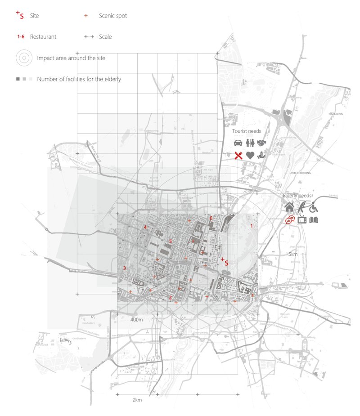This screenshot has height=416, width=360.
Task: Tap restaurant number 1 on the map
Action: click(x=252, y=226)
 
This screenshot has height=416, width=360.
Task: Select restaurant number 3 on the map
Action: click(x=124, y=268)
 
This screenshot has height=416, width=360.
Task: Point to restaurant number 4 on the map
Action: click(x=145, y=227)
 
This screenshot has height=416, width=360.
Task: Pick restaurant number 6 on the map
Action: click(x=211, y=218)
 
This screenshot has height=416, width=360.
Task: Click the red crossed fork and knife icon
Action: click(x=238, y=155)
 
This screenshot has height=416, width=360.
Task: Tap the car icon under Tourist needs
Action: click(x=238, y=143)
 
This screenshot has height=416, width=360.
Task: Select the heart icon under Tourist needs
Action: click(x=250, y=155)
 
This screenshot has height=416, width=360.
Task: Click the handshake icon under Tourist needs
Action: click(x=262, y=143)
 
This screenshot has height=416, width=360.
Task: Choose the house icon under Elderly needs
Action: click(x=289, y=207)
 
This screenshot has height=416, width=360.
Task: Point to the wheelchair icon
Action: click(x=313, y=207)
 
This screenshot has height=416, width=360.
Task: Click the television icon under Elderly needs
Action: click(x=302, y=219)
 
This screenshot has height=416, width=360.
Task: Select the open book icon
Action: click(x=314, y=219)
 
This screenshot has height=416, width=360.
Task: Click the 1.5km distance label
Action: click(x=292, y=254)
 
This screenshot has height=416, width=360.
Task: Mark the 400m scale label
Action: click(x=136, y=319)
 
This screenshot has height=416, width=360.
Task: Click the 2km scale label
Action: click(x=137, y=400)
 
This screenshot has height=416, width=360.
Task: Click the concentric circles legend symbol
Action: click(x=24, y=58)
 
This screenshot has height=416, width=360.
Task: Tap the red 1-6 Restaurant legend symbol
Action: click(x=21, y=36)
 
